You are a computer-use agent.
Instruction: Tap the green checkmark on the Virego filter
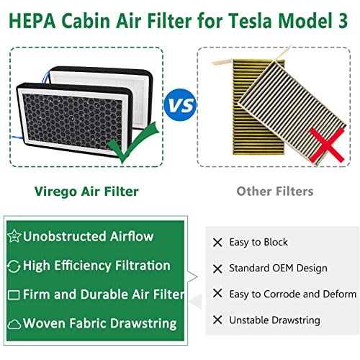coord(127,141)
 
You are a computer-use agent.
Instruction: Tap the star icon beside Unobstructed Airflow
coord(14,236)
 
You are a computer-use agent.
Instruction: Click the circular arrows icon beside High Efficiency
coord(14,266)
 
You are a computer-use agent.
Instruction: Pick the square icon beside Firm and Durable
coord(14,295)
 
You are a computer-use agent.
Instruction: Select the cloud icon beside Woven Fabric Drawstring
coord(14,323)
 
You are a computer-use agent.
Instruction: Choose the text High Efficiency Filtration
coord(96,266)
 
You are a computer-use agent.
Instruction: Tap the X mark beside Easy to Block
coord(217,243)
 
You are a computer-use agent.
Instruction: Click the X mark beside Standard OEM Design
coord(217,269)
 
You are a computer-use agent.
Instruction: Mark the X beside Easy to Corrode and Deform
coord(217,294)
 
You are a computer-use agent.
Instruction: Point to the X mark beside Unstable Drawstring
coord(217,320)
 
